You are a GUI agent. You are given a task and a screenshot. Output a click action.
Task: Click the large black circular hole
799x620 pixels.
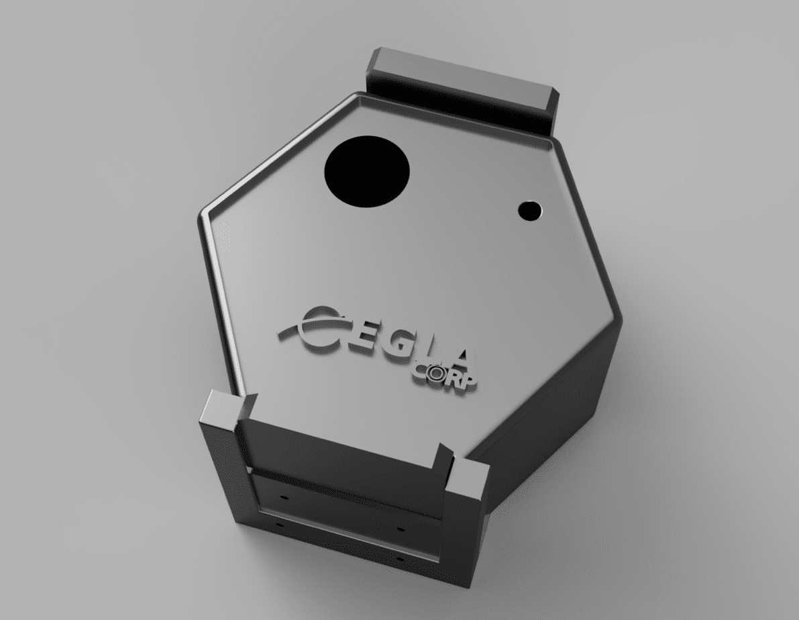[367, 171]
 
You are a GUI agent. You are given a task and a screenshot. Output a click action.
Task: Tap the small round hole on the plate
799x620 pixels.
[530, 210]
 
